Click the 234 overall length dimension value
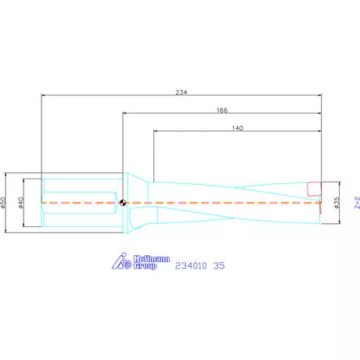click(x=181, y=91)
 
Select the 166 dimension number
click(x=221, y=110)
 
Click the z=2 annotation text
click(x=356, y=203)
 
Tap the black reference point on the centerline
click(x=123, y=203)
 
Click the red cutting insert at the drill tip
click(x=314, y=189)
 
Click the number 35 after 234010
click(x=219, y=266)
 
